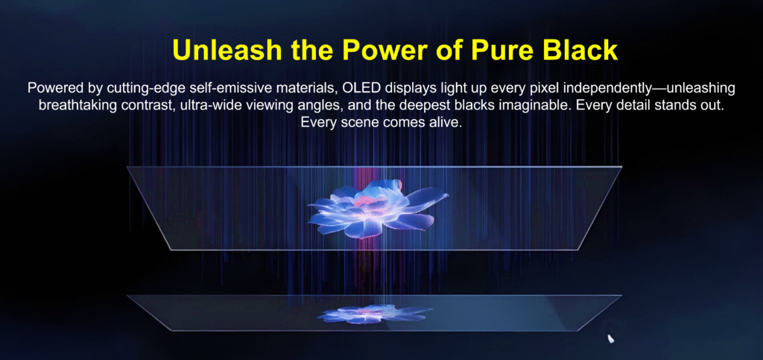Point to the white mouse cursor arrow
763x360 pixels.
610,338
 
